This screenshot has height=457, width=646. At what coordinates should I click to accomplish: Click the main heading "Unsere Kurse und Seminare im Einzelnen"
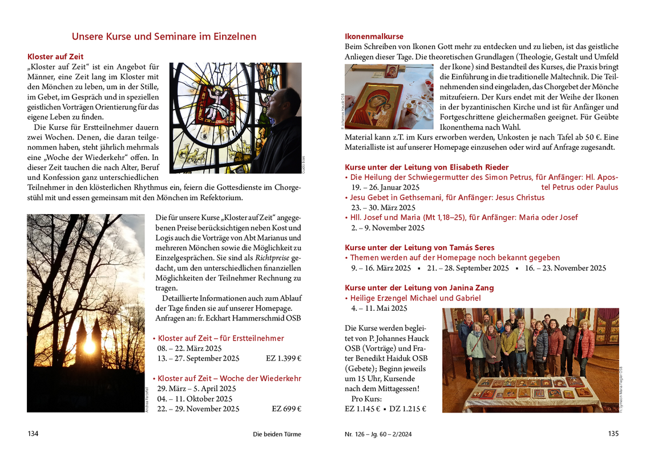(x=164, y=37)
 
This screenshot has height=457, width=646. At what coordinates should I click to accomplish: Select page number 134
(x=33, y=434)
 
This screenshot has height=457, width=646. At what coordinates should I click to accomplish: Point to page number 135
(x=613, y=434)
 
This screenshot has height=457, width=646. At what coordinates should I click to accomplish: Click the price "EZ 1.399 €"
(x=283, y=359)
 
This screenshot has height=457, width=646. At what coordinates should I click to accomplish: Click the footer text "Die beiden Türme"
(x=277, y=434)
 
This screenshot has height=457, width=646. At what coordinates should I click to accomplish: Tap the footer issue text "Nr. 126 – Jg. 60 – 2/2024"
(x=378, y=434)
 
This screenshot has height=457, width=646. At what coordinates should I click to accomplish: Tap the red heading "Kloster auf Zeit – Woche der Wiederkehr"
(x=229, y=379)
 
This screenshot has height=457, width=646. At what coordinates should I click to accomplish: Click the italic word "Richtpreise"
(x=272, y=258)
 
